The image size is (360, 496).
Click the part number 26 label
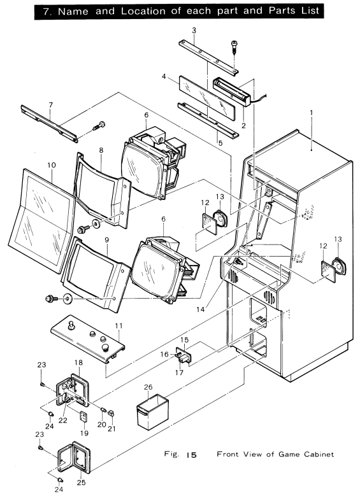coord(148,387)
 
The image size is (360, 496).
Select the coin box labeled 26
coord(152,411)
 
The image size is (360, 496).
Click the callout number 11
coord(119,325)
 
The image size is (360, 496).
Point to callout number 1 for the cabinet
coord(312,112)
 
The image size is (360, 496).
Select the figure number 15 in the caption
coord(191,455)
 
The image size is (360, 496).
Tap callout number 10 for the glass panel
coord(52,165)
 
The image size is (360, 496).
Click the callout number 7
coord(51,104)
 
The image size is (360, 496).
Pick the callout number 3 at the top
coord(194,31)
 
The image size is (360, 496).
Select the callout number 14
coord(201,309)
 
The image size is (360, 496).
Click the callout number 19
coord(84,433)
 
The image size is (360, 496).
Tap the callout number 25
coord(82,483)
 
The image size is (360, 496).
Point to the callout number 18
coord(78,362)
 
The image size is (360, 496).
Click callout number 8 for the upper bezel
coord(101,150)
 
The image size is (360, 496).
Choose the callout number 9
coord(106,240)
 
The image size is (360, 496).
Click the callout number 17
coord(179,372)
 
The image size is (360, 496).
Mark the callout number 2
coord(243,125)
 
